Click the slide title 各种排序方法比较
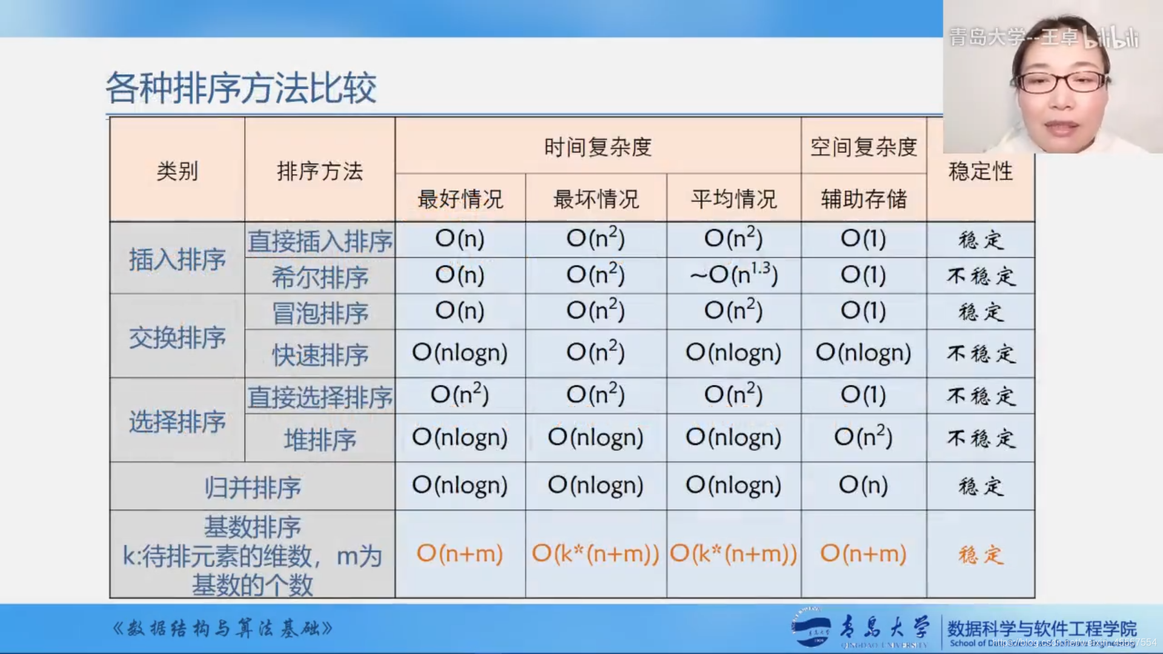click(x=241, y=88)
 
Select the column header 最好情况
click(x=460, y=199)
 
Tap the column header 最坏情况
click(x=596, y=199)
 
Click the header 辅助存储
click(x=864, y=199)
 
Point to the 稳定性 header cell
click(x=980, y=171)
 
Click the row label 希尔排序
click(x=320, y=277)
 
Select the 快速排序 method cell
click(x=320, y=355)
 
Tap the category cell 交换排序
click(x=177, y=337)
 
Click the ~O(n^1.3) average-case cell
click(x=734, y=276)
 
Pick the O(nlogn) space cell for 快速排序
click(x=863, y=353)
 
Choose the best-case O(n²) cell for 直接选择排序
click(x=460, y=395)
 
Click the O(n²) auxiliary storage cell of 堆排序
click(x=863, y=437)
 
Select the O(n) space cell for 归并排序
click(x=863, y=485)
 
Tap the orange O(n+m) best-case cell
click(x=460, y=553)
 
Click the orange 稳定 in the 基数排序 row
click(x=980, y=555)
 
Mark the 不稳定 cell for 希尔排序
click(x=980, y=277)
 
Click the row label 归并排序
click(x=253, y=487)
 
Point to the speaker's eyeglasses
click(x=1061, y=81)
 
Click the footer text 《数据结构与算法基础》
click(x=223, y=629)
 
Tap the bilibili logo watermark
click(x=1111, y=38)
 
